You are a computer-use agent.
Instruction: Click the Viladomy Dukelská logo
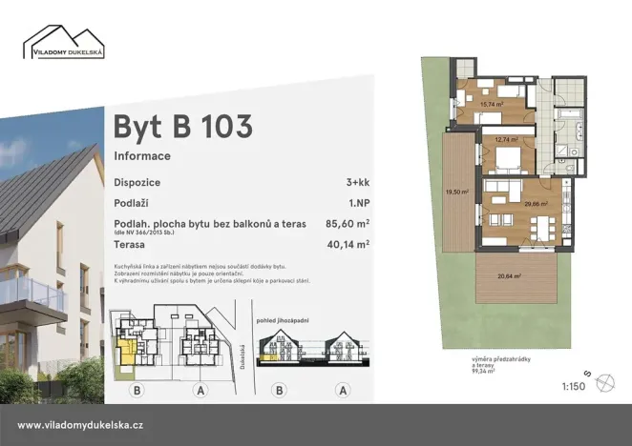(x=63, y=43)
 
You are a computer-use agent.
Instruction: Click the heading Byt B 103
(x=183, y=126)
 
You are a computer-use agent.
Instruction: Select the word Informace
(x=142, y=155)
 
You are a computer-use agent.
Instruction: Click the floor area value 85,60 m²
(x=348, y=224)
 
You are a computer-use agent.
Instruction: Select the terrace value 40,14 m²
(x=348, y=244)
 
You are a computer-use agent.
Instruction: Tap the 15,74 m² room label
(x=491, y=105)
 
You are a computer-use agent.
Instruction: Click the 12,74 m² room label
(x=505, y=139)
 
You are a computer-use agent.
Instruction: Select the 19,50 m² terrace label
(x=456, y=192)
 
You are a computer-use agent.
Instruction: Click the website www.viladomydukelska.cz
(x=80, y=425)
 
